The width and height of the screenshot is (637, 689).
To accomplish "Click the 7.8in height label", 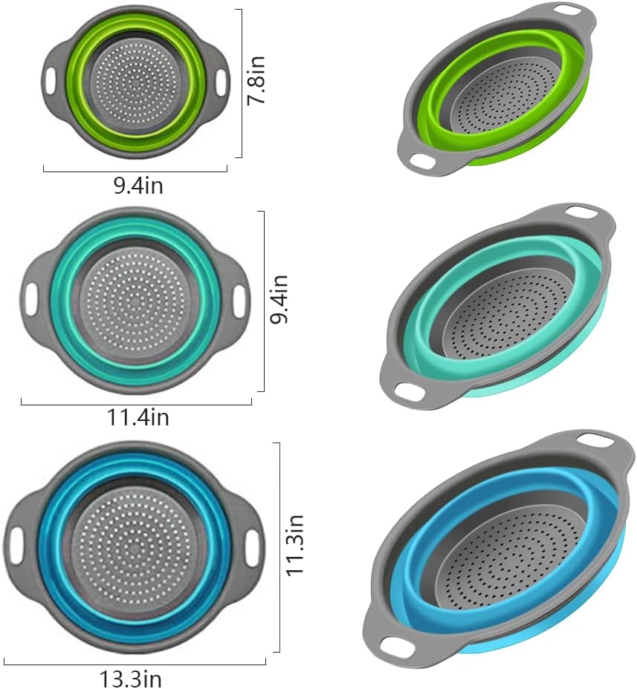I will tap(257, 82).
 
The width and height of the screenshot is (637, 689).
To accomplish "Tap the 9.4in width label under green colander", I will tap(138, 186).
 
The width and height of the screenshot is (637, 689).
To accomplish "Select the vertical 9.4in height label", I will tap(279, 300).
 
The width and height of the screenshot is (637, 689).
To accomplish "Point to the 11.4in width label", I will tap(138, 418).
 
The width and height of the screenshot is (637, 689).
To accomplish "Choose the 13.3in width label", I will tap(131, 678).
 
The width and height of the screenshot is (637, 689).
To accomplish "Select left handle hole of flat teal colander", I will tap(31, 298).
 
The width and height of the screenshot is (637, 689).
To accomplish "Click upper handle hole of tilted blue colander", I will tap(597, 440).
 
